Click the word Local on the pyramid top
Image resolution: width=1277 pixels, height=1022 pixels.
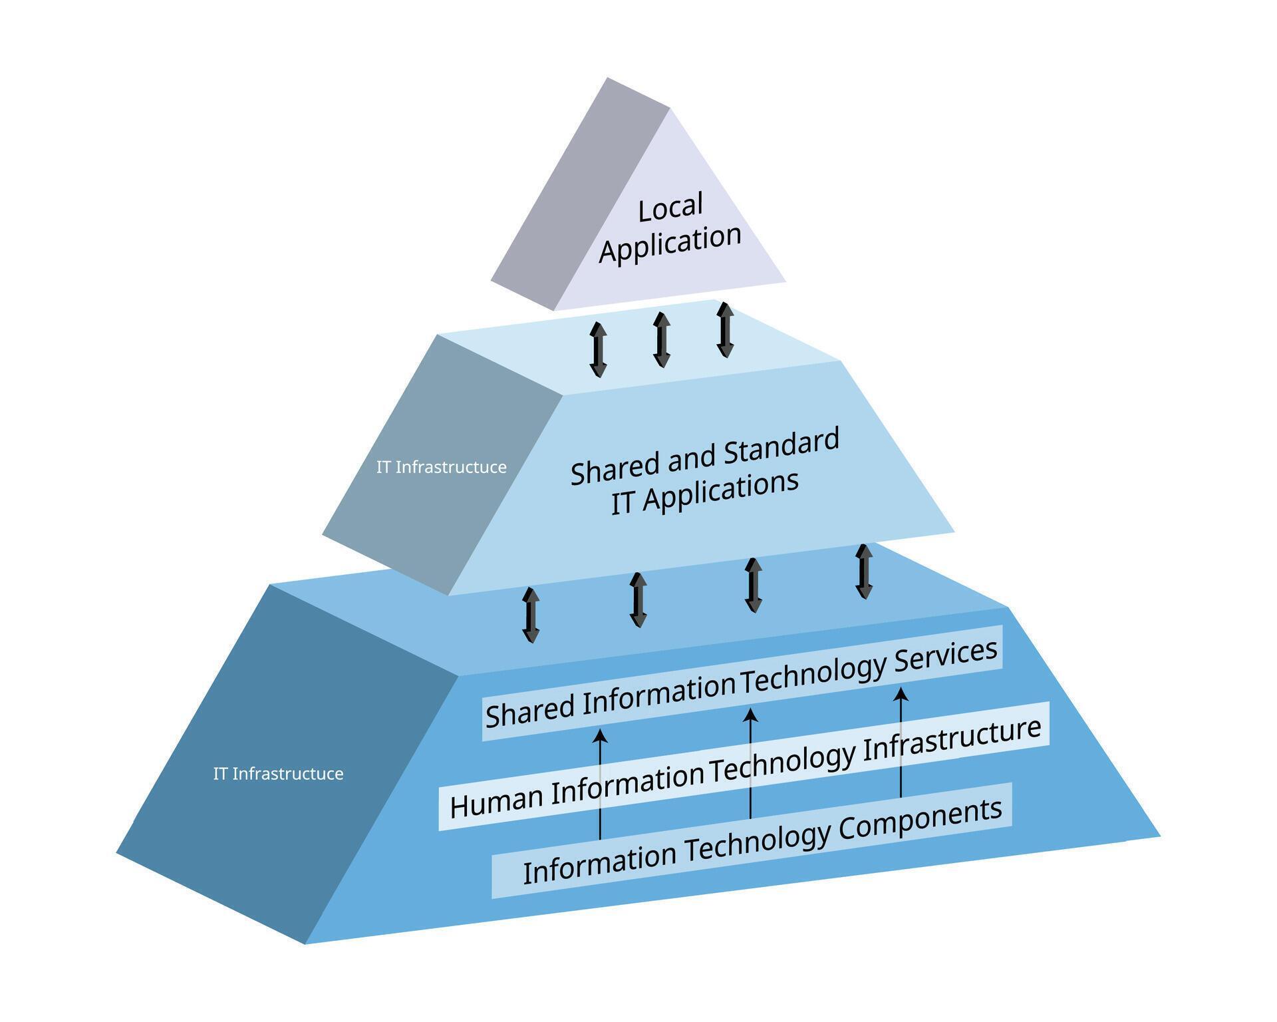[670, 208]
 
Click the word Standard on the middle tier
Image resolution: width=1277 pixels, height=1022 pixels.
[781, 446]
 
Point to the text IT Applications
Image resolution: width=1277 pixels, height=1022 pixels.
[704, 493]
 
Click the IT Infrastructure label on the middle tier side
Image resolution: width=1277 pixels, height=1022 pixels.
[441, 467]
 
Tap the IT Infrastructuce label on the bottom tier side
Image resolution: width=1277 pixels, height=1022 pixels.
[278, 774]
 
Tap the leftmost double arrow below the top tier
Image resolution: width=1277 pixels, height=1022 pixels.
[598, 350]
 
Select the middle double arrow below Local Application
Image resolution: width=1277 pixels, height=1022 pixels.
[661, 339]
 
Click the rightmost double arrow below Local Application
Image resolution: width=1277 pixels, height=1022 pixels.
[725, 329]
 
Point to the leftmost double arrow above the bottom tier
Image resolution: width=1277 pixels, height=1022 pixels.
[531, 615]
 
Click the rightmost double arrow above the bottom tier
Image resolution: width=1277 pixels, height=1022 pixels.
[864, 572]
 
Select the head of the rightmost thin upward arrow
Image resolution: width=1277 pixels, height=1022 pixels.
[901, 695]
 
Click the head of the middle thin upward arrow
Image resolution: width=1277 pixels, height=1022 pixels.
[750, 715]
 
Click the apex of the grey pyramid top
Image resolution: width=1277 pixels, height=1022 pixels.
[607, 79]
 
